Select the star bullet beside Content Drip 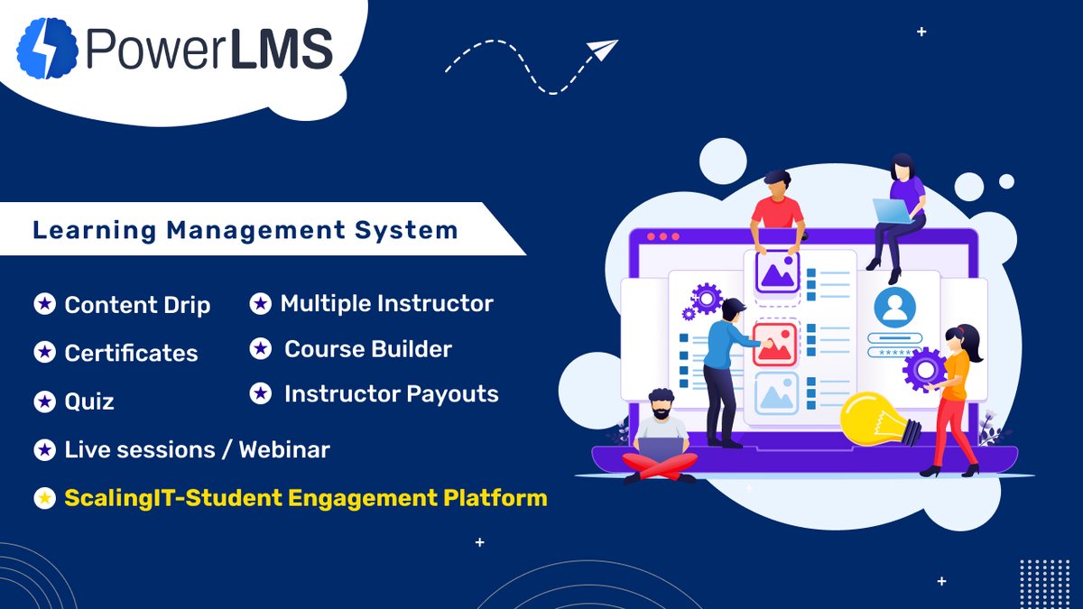click(x=44, y=305)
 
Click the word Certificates click(x=131, y=353)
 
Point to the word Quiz click(x=89, y=401)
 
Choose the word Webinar click(x=284, y=449)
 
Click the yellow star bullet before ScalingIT click(x=44, y=498)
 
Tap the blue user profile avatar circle click(x=894, y=308)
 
